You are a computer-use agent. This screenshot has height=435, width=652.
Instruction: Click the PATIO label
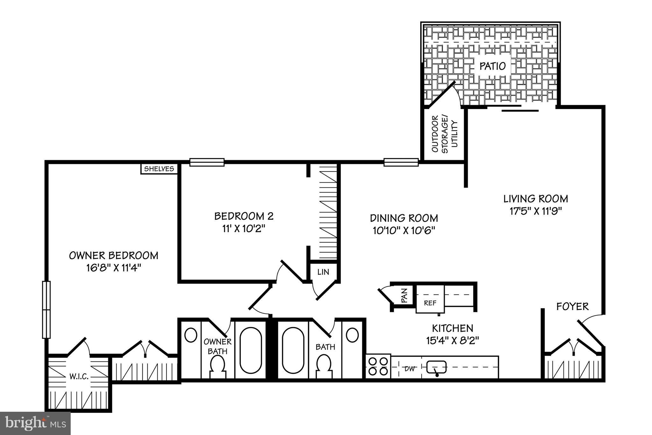(492, 66)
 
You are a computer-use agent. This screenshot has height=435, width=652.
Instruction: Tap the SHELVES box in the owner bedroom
(159, 169)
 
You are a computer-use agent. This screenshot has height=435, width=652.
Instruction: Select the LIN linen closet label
(323, 272)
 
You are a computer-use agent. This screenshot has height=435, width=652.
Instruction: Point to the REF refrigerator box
(430, 303)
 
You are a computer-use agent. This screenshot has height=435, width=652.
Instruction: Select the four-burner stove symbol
(378, 366)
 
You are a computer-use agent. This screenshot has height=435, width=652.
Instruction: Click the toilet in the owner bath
(218, 366)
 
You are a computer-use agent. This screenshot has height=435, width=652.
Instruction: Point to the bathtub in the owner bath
(251, 350)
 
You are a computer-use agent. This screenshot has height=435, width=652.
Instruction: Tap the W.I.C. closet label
(79, 377)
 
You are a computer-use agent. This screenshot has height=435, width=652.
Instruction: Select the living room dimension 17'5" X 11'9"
(535, 211)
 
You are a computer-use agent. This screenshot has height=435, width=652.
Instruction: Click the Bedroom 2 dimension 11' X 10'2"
(244, 228)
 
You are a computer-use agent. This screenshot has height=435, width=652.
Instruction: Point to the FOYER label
(572, 307)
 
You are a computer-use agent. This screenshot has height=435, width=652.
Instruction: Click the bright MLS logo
(35, 423)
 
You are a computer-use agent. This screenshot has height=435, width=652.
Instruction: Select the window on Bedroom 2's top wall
(207, 162)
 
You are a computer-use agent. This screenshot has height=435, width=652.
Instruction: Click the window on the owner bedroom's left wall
(46, 309)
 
